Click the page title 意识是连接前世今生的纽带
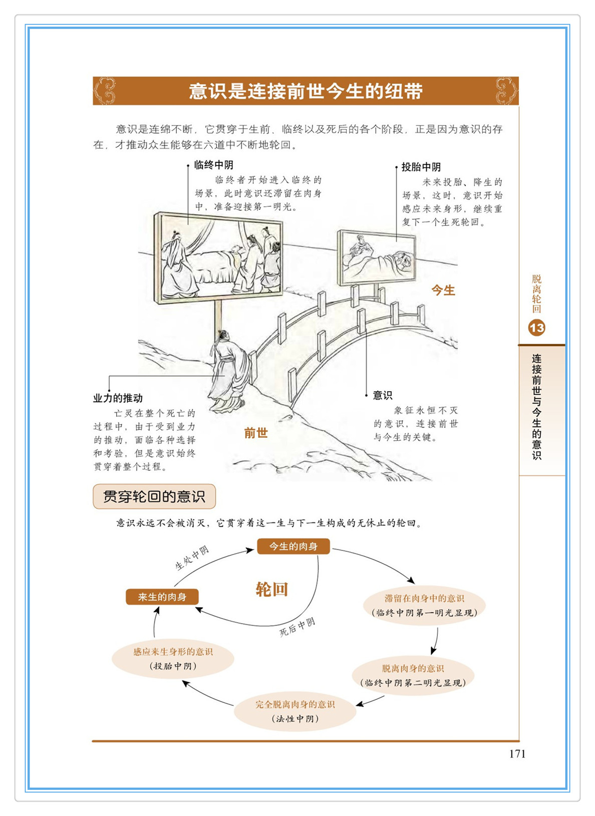[x=306, y=91]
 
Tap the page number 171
[x=517, y=754]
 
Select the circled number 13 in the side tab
[x=536, y=328]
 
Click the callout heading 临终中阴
[x=214, y=165]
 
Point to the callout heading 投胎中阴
[x=421, y=167]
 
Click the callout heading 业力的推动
[x=118, y=398]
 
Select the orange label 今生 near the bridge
[x=443, y=291]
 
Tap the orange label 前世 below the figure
[x=256, y=433]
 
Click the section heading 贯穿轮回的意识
[x=154, y=496]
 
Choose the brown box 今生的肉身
[x=293, y=547]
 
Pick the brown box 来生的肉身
[x=162, y=597]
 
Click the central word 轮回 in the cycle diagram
[x=272, y=590]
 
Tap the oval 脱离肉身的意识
[x=413, y=675]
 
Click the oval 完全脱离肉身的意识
[x=295, y=711]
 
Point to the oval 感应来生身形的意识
[x=173, y=659]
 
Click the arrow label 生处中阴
[x=192, y=559]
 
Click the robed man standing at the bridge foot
[x=228, y=371]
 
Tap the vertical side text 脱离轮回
[x=536, y=294]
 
